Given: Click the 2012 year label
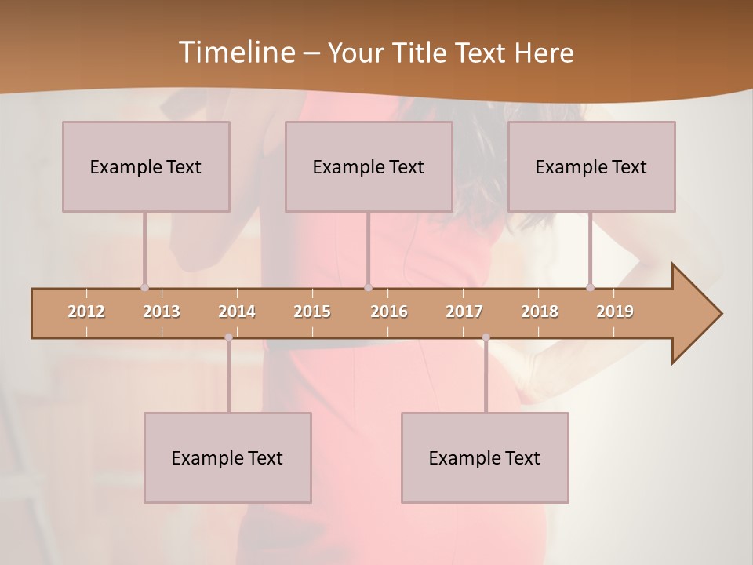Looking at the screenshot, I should tap(86, 312).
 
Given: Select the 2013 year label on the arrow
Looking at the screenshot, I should tap(162, 312).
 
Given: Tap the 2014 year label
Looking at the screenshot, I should tap(237, 312).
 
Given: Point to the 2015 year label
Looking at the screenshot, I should tap(312, 312).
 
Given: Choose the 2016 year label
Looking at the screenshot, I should tap(389, 312).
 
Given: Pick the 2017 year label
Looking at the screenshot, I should tap(464, 312).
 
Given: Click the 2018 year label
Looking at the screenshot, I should tap(540, 312).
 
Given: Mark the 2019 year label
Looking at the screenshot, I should tap(615, 312).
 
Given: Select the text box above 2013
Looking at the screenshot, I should tap(146, 166).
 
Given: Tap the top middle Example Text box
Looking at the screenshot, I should tap(369, 166).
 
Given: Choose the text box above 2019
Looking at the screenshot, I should tap(591, 166).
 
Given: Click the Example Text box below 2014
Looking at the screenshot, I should tap(227, 457).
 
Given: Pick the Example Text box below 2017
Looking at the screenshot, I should tap(485, 457).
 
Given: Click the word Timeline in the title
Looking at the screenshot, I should tap(235, 52).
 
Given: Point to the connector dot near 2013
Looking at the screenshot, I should tap(144, 287).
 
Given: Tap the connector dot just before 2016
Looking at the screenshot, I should tap(369, 287).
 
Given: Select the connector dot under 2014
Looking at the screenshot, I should tap(228, 337).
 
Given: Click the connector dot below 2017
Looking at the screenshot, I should tap(486, 337).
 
